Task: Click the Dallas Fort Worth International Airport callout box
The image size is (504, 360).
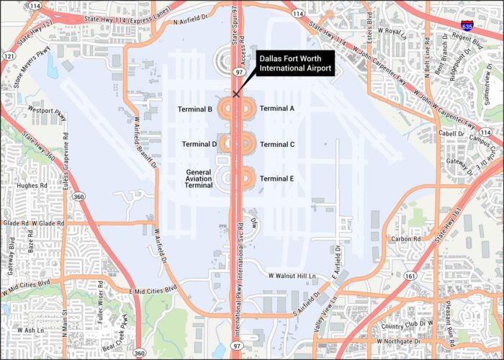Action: [296, 63]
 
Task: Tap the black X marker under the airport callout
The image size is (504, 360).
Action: [236, 94]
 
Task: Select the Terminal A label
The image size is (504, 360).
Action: [277, 109]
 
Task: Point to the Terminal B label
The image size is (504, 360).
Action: [195, 109]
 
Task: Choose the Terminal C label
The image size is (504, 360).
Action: [277, 144]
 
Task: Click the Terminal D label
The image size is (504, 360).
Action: [199, 144]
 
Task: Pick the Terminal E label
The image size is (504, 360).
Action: [277, 179]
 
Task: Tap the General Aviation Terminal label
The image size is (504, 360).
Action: [199, 179]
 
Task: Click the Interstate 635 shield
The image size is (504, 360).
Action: [467, 26]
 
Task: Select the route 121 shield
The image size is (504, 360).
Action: [9, 55]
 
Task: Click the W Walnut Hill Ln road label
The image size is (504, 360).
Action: [292, 276]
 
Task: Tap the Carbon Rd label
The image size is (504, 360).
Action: [405, 238]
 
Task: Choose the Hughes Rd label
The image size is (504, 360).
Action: [32, 185]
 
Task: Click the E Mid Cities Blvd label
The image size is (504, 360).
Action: [153, 290]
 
